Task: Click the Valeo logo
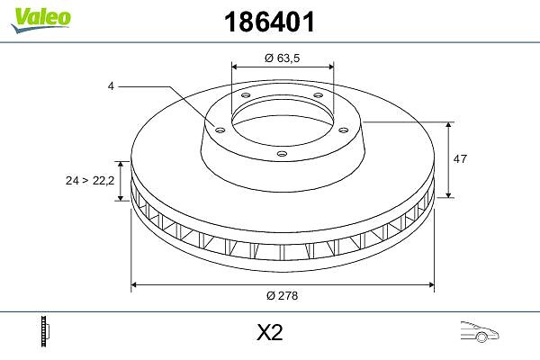40,19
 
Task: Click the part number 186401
269,22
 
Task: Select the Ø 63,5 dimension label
282,58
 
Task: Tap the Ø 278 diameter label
282,295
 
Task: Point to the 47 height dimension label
460,158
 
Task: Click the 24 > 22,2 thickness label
90,180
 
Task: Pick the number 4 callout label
111,86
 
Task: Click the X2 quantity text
270,332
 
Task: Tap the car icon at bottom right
480,332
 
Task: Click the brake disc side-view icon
45,331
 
